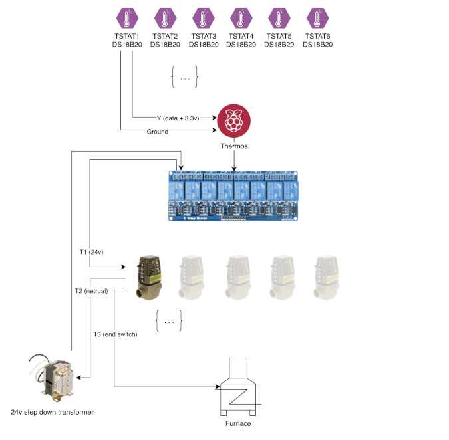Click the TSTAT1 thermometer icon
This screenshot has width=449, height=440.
click(126, 18)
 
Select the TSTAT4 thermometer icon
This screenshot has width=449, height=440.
click(241, 18)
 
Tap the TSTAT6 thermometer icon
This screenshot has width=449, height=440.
click(317, 18)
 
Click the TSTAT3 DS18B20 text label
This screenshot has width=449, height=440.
click(203, 40)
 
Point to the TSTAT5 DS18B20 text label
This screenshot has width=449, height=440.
click(279, 40)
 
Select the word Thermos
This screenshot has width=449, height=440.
click(233, 146)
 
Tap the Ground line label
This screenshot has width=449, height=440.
click(158, 132)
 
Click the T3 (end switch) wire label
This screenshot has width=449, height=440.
click(115, 334)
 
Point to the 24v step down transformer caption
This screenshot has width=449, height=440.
click(53, 412)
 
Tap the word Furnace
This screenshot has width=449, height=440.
click(238, 424)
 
